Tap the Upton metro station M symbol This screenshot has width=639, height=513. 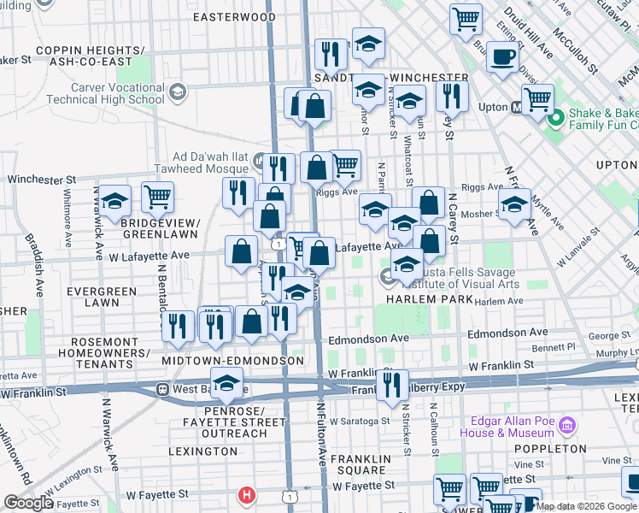[516, 108]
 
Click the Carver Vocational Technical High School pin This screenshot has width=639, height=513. [178, 91]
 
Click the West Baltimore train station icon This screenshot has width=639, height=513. [161, 389]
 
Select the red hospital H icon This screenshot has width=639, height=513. [247, 494]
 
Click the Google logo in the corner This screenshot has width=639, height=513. [28, 503]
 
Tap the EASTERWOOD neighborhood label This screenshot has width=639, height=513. [234, 17]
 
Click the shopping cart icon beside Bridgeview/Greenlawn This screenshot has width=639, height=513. [158, 197]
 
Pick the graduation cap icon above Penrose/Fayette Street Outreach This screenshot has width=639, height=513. [226, 384]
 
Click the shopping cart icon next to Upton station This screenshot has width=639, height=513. [537, 99]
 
